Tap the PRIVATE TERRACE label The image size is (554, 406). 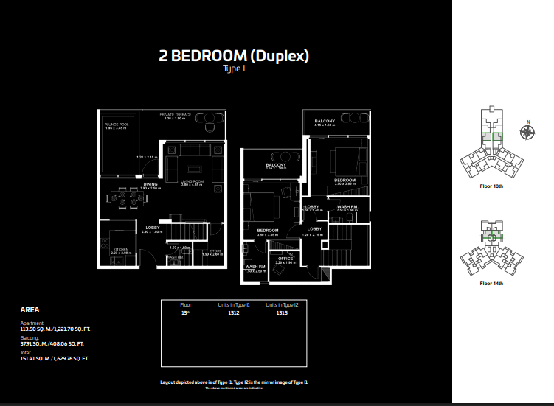[176, 115]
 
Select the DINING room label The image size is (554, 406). [150, 184]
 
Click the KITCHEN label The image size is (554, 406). [120, 249]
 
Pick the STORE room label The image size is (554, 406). [215, 251]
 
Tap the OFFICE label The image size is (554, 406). [285, 259]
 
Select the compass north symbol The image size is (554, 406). [527, 133]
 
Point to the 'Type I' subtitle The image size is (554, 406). [233, 69]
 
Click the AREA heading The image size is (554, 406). [30, 310]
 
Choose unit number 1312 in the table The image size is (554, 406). [233, 312]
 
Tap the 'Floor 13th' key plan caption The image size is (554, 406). [491, 186]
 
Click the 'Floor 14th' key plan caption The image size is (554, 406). [491, 283]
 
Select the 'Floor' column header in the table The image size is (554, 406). [185, 304]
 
